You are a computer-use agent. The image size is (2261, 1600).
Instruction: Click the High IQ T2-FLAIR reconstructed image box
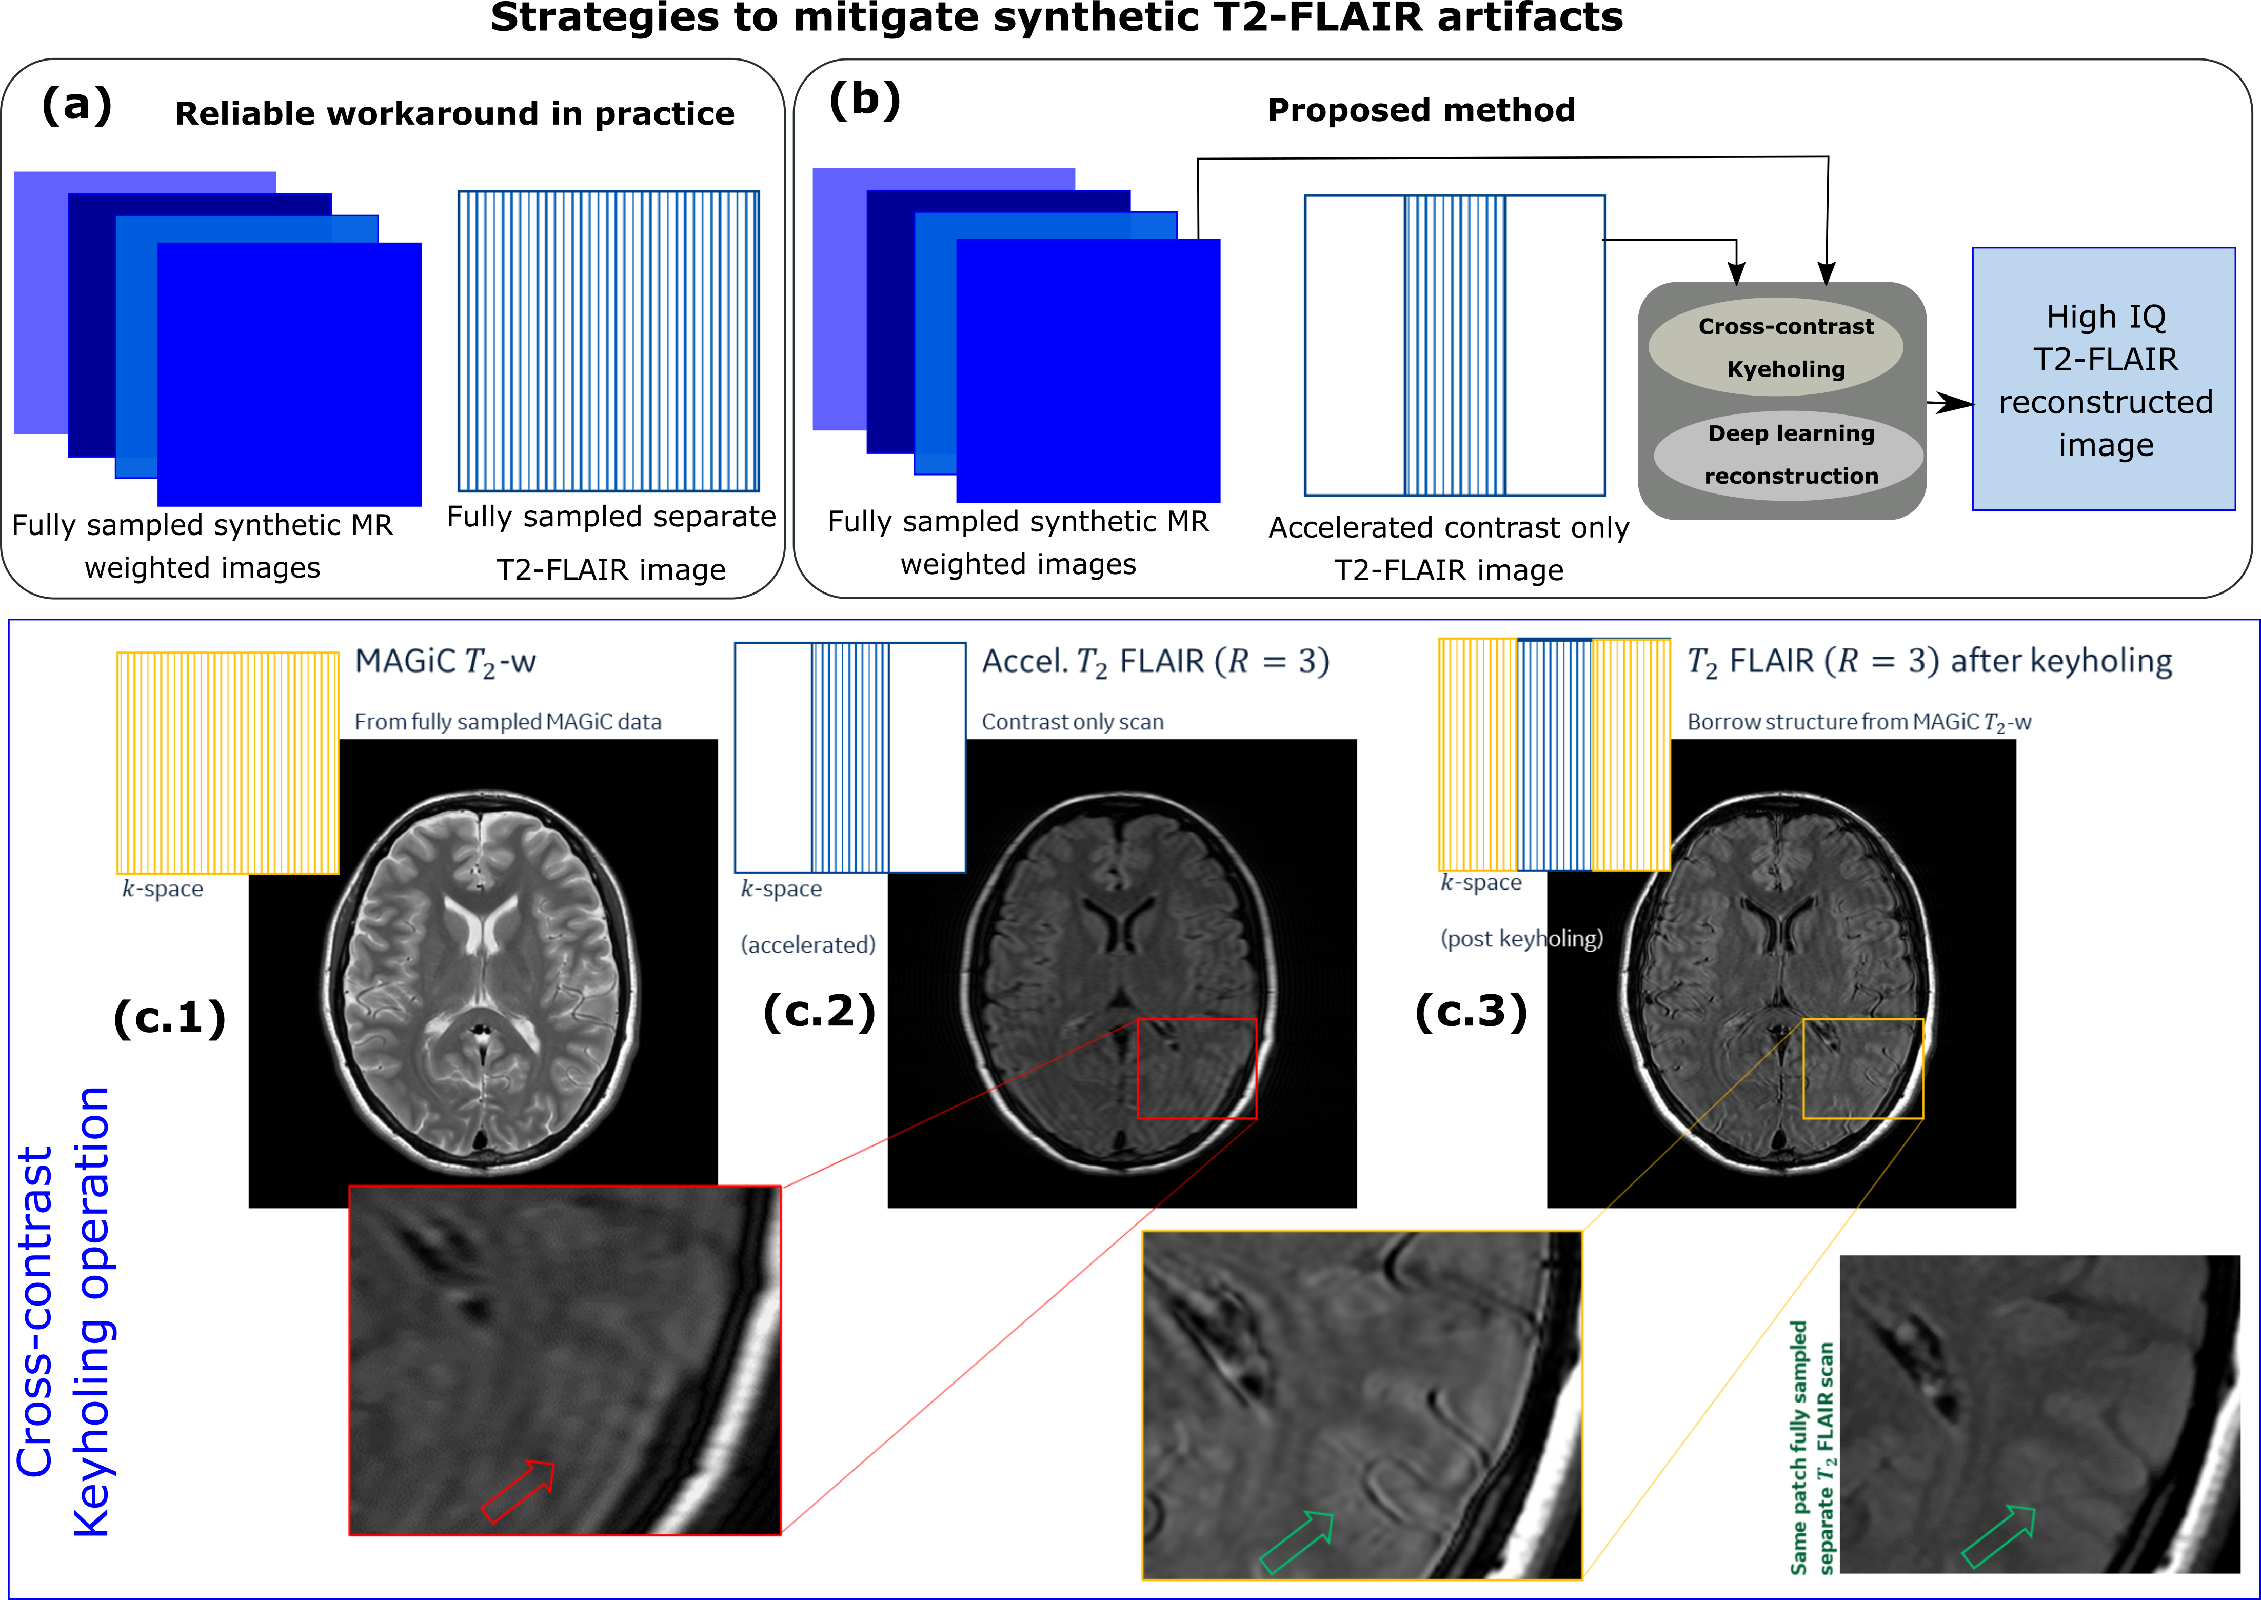2104,379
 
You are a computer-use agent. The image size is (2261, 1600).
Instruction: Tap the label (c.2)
819,1011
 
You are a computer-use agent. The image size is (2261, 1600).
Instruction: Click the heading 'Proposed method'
1421,109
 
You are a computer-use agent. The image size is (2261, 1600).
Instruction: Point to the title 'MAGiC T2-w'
445,662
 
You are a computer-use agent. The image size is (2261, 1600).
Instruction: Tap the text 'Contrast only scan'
1072,722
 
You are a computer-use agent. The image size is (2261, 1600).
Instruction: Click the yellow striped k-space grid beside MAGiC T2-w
228,763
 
